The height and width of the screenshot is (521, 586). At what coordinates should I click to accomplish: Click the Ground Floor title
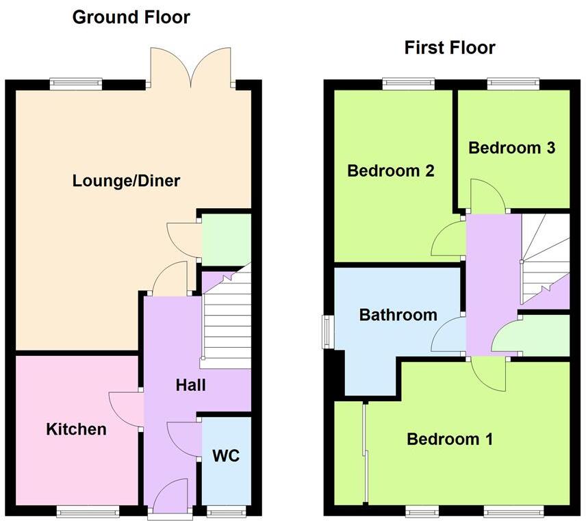point(131,17)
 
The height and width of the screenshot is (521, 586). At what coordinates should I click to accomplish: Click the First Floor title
point(449,47)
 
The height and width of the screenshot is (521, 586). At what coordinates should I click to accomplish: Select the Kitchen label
point(76,429)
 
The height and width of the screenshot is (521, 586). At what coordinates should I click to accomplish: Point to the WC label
point(226,455)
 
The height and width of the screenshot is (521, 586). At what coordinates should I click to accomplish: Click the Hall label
point(190,385)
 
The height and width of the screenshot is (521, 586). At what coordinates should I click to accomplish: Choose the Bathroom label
point(398,315)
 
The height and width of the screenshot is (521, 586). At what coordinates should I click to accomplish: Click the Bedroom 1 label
point(449,439)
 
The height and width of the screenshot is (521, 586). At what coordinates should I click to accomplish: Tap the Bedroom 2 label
point(391,170)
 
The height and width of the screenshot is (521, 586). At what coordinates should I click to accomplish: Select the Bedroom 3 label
point(511,147)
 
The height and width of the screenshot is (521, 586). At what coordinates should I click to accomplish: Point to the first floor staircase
point(544,257)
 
